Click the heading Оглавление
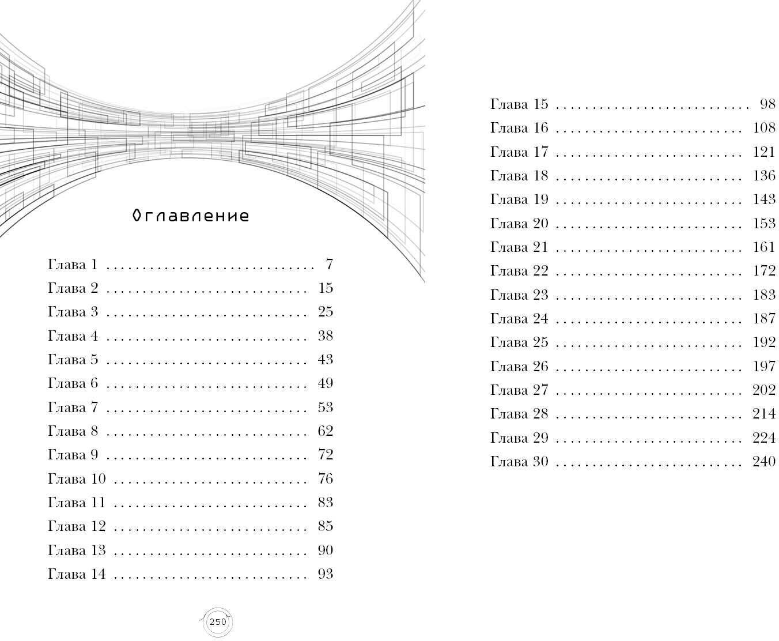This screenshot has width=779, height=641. [x=191, y=216]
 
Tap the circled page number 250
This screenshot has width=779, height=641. [x=218, y=622]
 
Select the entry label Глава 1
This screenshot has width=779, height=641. [x=73, y=265]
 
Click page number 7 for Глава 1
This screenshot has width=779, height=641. [x=329, y=265]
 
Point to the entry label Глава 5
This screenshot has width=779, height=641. [x=73, y=360]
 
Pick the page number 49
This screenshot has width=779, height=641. [x=326, y=383]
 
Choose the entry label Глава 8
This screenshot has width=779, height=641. [x=73, y=431]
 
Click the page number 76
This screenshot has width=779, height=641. [x=326, y=479]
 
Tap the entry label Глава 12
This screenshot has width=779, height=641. [x=77, y=526]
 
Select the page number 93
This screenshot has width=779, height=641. [x=326, y=574]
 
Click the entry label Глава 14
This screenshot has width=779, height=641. [x=77, y=574]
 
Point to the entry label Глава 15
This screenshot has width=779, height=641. [x=519, y=104]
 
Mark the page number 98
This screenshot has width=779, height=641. [x=768, y=104]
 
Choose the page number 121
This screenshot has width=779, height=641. [x=764, y=152]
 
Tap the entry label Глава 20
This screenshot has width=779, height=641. [x=519, y=224]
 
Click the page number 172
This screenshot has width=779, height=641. [x=764, y=271]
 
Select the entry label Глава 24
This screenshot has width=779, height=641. [x=519, y=319]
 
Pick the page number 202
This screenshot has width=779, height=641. [x=764, y=390]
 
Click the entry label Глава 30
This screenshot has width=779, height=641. [x=519, y=462]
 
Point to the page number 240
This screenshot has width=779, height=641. [x=764, y=462]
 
